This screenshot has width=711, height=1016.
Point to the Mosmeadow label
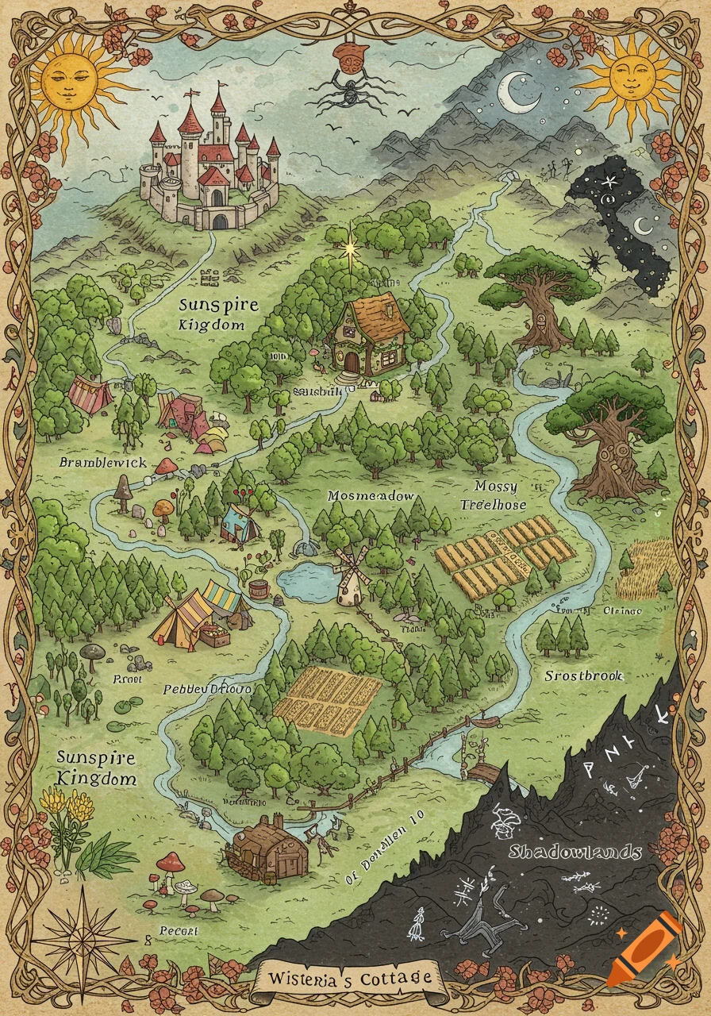371,496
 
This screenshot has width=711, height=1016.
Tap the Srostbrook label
583,676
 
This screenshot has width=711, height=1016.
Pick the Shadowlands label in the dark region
575,852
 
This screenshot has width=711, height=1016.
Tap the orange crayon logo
646,949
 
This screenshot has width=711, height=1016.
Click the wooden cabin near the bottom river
265,849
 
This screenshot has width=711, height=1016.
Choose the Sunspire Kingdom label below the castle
211,314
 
